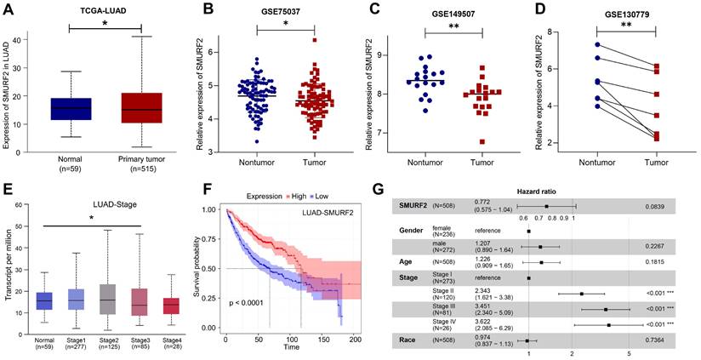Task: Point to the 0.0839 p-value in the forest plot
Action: click(655, 206)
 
